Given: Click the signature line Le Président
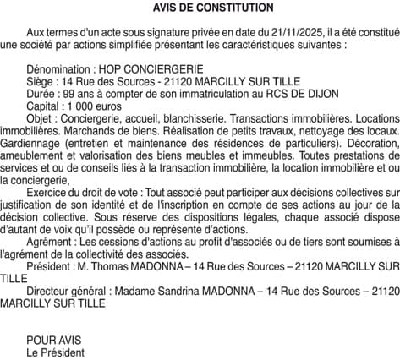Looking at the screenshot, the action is click(56, 352).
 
